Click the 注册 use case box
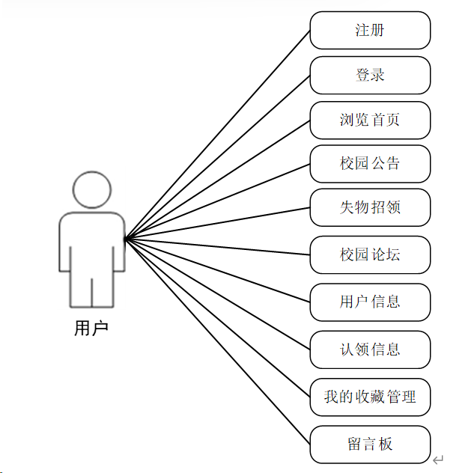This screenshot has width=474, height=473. click(x=370, y=31)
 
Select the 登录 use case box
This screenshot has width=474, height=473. click(x=370, y=76)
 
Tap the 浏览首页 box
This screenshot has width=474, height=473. click(x=370, y=120)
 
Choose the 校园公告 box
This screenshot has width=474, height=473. click(x=370, y=164)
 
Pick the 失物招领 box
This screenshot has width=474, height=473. click(x=370, y=208)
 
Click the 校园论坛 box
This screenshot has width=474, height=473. click(x=370, y=254)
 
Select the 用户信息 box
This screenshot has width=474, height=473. click(x=370, y=302)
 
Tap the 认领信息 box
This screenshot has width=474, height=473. click(x=370, y=350)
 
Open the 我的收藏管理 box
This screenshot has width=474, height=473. click(x=370, y=397)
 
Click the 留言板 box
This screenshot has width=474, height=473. click(x=370, y=444)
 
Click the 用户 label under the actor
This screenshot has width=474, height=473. click(x=91, y=328)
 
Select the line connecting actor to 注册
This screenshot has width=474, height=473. click(x=217, y=135)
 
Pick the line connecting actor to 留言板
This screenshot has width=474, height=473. click(x=217, y=341)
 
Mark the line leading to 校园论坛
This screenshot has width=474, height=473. click(x=217, y=246)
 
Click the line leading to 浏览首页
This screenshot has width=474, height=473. click(x=217, y=180)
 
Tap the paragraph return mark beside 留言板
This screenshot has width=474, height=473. click(x=438, y=460)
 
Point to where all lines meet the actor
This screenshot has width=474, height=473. click(x=126, y=239)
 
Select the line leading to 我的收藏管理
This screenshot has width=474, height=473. click(x=217, y=317)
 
